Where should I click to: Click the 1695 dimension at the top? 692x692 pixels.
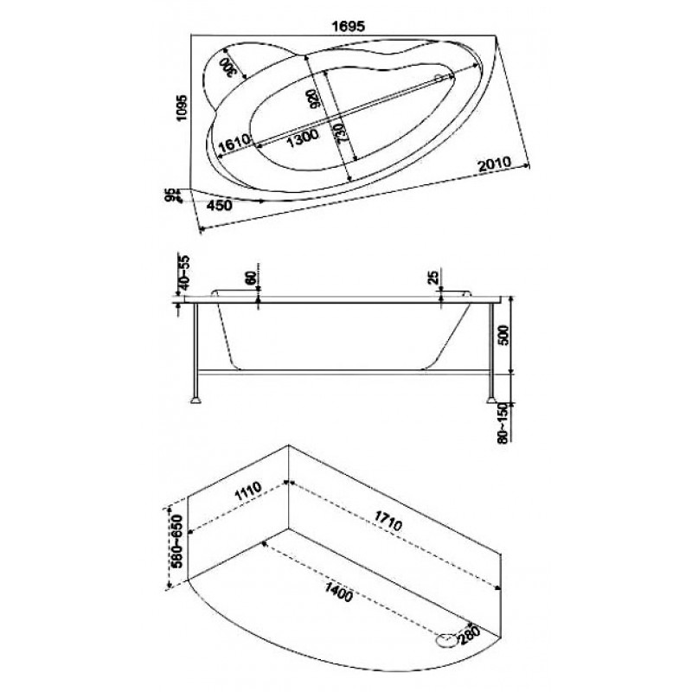[x=349, y=27]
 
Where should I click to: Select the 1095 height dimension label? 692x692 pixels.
[x=183, y=108]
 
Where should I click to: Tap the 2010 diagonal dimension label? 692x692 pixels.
[x=494, y=164]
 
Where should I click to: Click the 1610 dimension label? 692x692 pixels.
[x=234, y=144]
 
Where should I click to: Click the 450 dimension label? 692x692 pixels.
[x=220, y=206]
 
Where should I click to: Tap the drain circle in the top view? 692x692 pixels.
[x=439, y=78]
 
